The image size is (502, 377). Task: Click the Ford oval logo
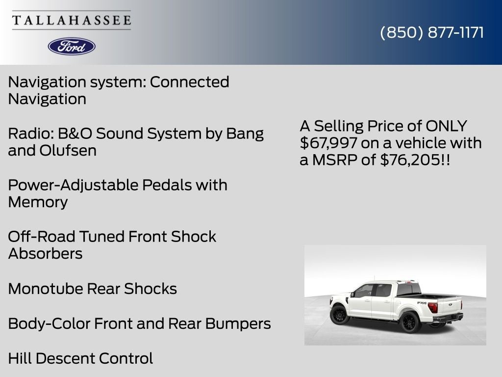pyautogui.click(x=72, y=47)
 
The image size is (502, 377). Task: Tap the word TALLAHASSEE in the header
pyautogui.click(x=72, y=20)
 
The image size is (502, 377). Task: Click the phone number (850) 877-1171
pyautogui.click(x=432, y=32)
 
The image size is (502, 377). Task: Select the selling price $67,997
pyautogui.click(x=328, y=143)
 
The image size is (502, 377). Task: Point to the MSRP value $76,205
pyautogui.click(x=410, y=160)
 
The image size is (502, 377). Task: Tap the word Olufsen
pyautogui.click(x=68, y=150)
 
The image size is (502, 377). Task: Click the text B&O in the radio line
pyautogui.click(x=75, y=134)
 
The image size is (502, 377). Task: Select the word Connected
pyautogui.click(x=190, y=82)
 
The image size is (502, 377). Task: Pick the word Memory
pyautogui.click(x=38, y=202)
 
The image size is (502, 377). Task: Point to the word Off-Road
pyautogui.click(x=42, y=237)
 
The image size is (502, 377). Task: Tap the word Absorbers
pyautogui.click(x=45, y=254)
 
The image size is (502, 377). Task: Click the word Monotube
pyautogui.click(x=46, y=289)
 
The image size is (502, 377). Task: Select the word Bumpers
pyautogui.click(x=238, y=324)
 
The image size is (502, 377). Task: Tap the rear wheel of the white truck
pyautogui.click(x=409, y=322)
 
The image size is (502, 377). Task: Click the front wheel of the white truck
pyautogui.click(x=339, y=315)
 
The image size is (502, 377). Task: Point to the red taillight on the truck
pyautogui.click(x=433, y=307)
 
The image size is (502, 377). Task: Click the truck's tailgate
pyautogui.click(x=450, y=307)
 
